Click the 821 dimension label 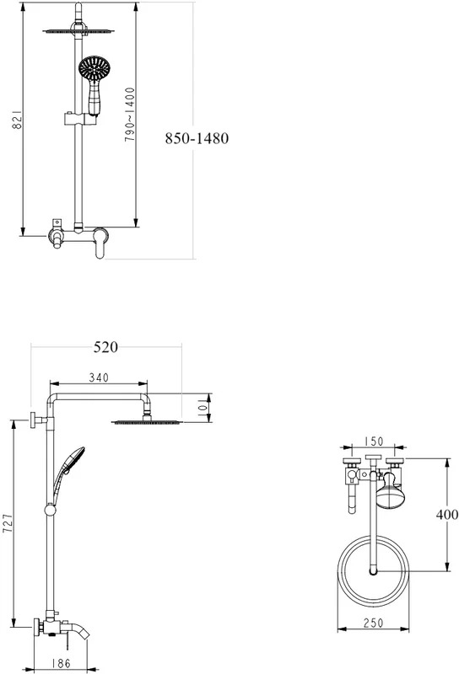pyautogui.click(x=16, y=120)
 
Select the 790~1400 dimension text pyautogui.click(x=130, y=115)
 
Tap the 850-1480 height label pyautogui.click(x=197, y=138)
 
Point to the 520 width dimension pyautogui.click(x=105, y=347)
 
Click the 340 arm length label pyautogui.click(x=99, y=377)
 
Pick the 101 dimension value pyautogui.click(x=202, y=407)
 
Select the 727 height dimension pyautogui.click(x=8, y=523)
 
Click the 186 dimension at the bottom pyautogui.click(x=61, y=664)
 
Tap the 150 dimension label pyautogui.click(x=373, y=441)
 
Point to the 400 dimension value pyautogui.click(x=447, y=515)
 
